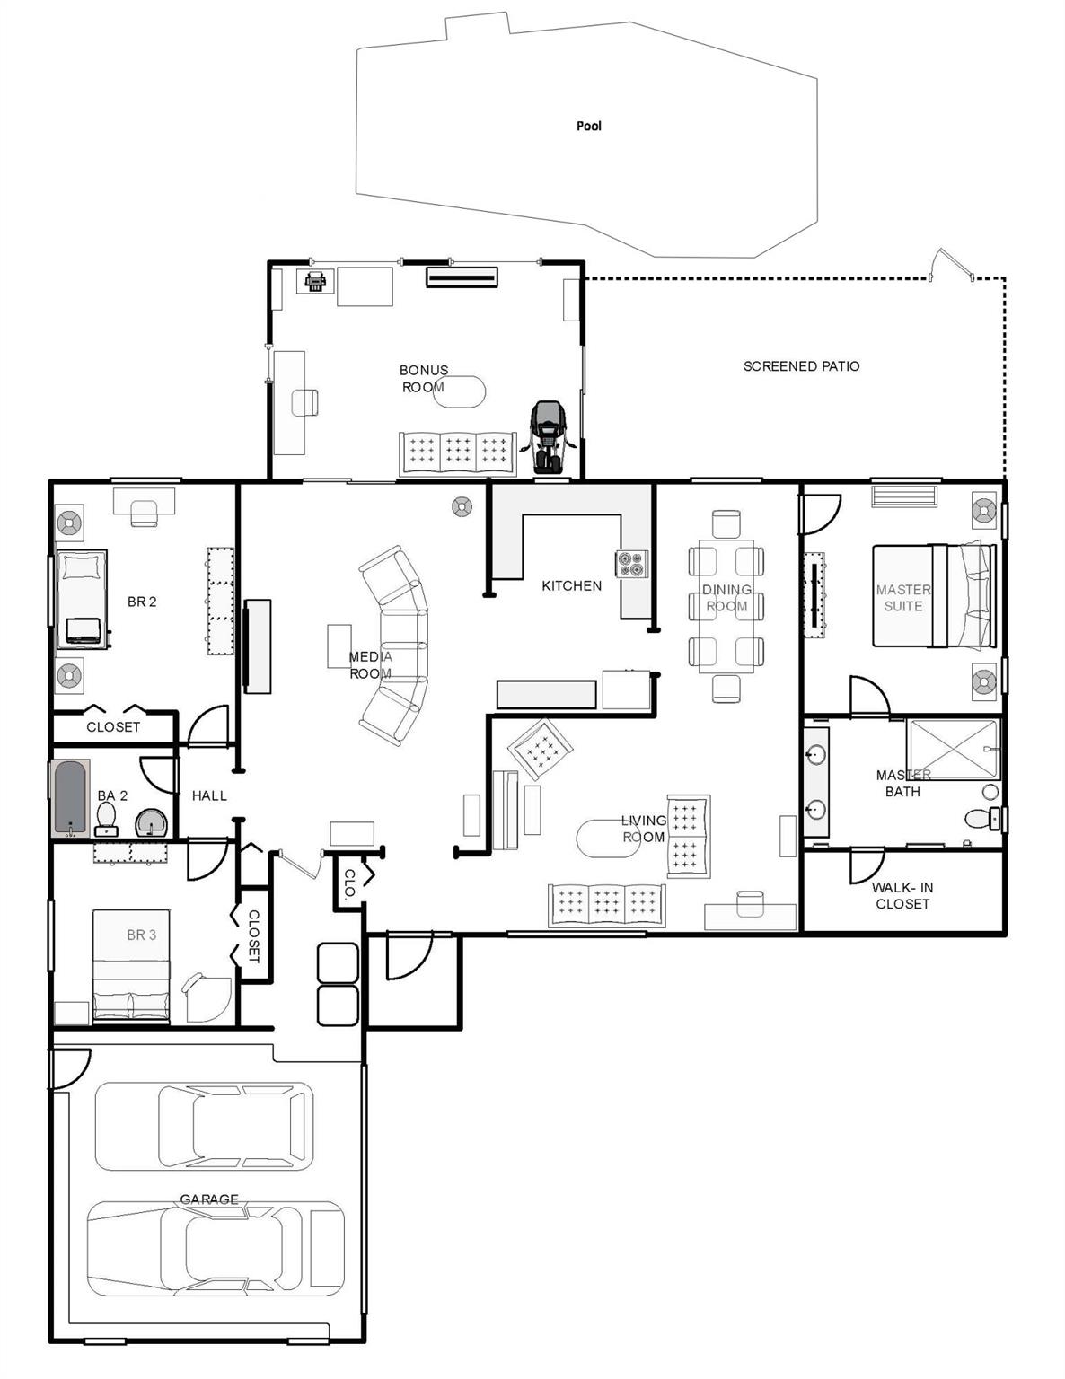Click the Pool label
[x=588, y=126]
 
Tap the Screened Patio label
[x=801, y=366]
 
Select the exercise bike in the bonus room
[x=548, y=436]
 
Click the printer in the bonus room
[x=315, y=280]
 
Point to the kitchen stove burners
[x=631, y=564]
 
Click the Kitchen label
[x=571, y=585]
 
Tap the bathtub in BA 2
[x=69, y=798]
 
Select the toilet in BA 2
[x=106, y=819]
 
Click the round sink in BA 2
[x=151, y=823]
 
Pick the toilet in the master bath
[x=982, y=819]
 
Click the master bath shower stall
[x=953, y=749]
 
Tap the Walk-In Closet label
[x=902, y=895]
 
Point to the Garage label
[x=209, y=1199]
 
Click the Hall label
[x=209, y=795]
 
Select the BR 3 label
[x=142, y=935]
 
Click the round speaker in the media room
[x=462, y=506]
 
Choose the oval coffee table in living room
[x=608, y=838]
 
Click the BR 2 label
[x=142, y=602]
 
